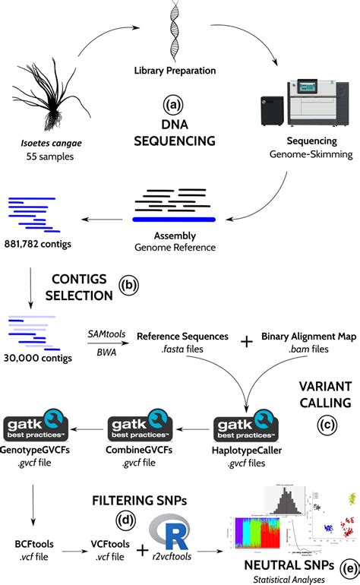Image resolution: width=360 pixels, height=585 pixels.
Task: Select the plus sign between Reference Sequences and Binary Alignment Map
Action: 245,343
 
